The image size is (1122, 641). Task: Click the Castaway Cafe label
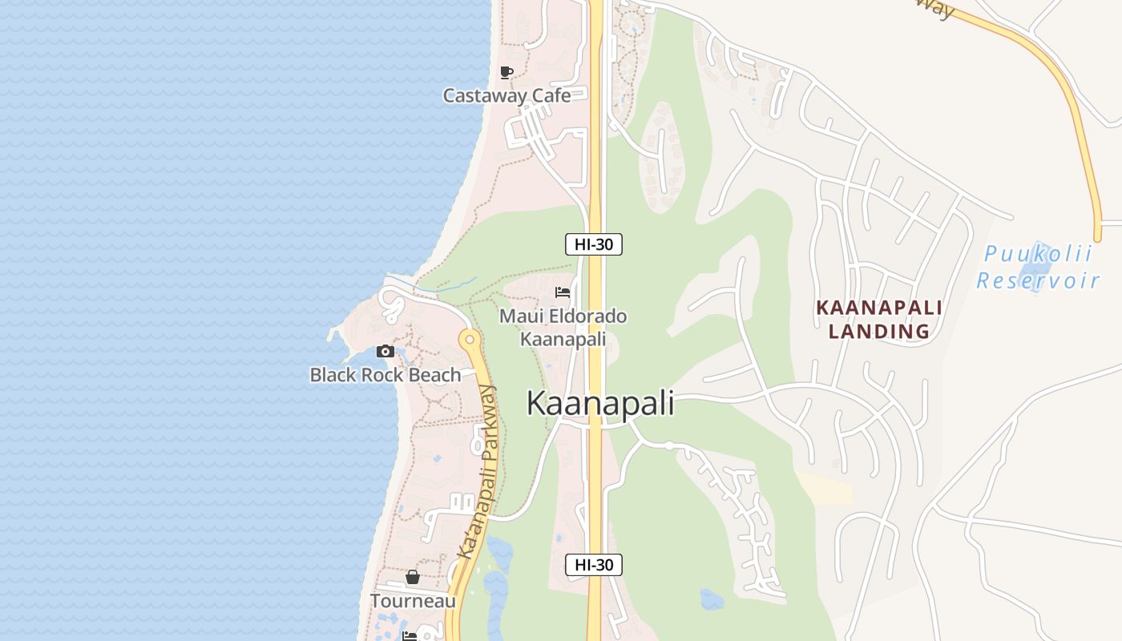click(x=507, y=95)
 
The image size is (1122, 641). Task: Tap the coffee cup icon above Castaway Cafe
click(x=507, y=73)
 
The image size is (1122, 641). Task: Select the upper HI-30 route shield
click(x=594, y=244)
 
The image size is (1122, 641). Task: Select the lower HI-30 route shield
click(x=594, y=564)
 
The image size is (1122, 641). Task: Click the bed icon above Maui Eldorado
click(x=563, y=292)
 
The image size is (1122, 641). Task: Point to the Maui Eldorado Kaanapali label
click(x=563, y=328)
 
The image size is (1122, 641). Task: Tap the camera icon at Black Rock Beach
click(x=385, y=351)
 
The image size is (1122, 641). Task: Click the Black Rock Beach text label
click(x=385, y=374)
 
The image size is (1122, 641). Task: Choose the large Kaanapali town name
click(x=599, y=403)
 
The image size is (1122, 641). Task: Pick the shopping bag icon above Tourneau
click(x=413, y=577)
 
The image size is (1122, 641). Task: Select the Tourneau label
click(x=413, y=601)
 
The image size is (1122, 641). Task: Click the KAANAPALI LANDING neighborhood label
click(x=879, y=319)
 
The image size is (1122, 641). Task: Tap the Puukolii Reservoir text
click(x=1038, y=268)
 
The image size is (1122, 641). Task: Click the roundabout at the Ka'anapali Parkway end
click(x=470, y=340)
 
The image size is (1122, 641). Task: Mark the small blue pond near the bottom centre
click(x=711, y=599)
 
